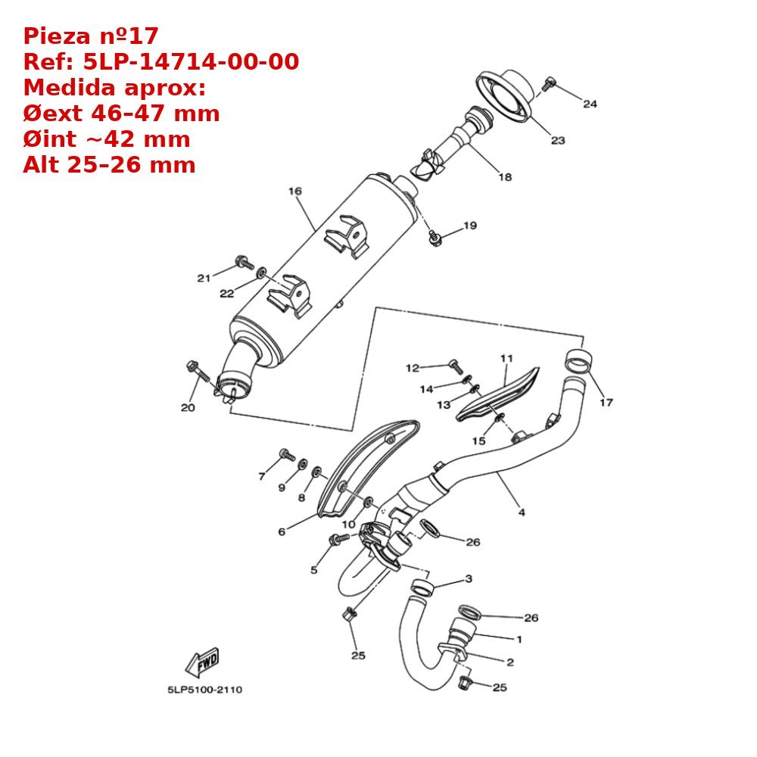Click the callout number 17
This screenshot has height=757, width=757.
click(x=606, y=402)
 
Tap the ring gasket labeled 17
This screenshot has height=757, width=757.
click(x=580, y=362)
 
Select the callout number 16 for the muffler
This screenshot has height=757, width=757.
click(x=294, y=192)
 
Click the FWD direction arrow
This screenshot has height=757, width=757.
click(x=202, y=662)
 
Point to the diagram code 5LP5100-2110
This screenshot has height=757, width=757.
click(x=204, y=690)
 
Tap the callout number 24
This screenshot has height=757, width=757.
click(x=590, y=104)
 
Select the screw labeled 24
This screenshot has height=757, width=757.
click(x=550, y=84)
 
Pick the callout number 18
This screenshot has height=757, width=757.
click(x=505, y=177)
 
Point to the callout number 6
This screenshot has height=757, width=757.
click(x=282, y=532)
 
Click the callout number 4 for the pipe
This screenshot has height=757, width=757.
click(x=522, y=512)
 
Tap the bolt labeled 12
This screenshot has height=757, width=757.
click(x=455, y=365)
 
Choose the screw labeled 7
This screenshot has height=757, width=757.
click(x=287, y=455)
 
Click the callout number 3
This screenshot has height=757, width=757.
click(x=469, y=579)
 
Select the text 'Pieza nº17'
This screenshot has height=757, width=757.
click(x=91, y=36)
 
